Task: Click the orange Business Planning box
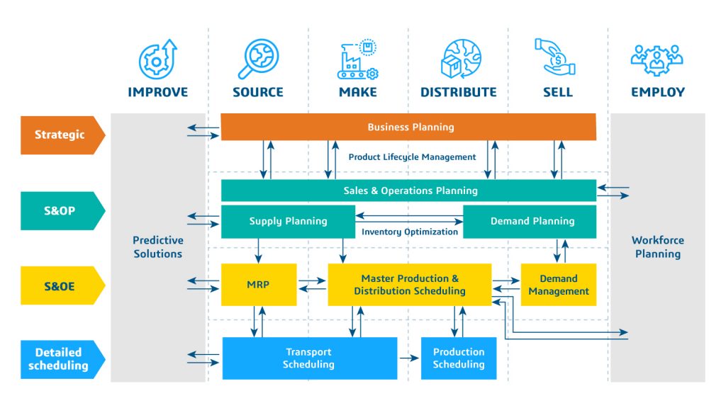point(408,127)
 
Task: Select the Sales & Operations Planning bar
point(408,191)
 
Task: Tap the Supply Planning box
point(288,222)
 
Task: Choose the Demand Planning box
point(530,222)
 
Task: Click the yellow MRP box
point(259,285)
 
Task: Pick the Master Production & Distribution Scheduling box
point(410,285)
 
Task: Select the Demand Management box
point(559,285)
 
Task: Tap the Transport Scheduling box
point(310,358)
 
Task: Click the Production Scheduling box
point(459,358)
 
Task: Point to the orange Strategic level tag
point(62,135)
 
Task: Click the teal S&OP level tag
point(62,210)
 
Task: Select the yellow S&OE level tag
point(62,285)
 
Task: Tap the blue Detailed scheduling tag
point(62,359)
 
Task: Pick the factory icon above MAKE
point(357,59)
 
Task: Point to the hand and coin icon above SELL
point(554,57)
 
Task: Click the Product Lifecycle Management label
point(412,157)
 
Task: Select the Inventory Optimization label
point(410,232)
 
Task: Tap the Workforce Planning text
point(657,247)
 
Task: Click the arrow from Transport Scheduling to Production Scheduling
point(409,358)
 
